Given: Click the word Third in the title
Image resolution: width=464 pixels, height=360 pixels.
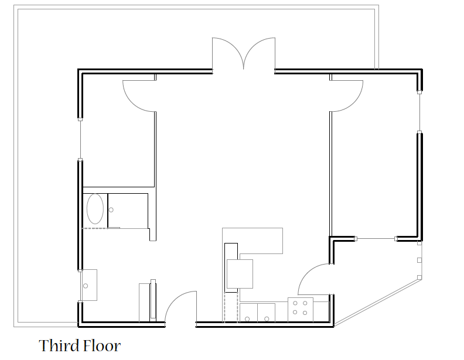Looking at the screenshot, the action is pyautogui.click(x=58, y=345).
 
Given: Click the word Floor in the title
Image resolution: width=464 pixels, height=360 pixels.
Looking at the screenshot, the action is pyautogui.click(x=101, y=345).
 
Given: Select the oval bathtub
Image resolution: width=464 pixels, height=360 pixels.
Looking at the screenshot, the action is pyautogui.click(x=95, y=208).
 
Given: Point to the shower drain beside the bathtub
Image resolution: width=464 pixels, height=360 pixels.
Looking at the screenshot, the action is pyautogui.click(x=111, y=210).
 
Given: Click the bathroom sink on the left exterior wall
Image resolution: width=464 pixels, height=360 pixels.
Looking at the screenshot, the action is pyautogui.click(x=89, y=285).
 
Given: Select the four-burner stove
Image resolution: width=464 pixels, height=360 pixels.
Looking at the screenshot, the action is pyautogui.click(x=301, y=310).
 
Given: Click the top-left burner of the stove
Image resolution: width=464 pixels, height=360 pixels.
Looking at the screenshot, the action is pyautogui.click(x=295, y=303).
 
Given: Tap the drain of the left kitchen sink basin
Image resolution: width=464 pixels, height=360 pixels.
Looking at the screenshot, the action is pyautogui.click(x=247, y=319).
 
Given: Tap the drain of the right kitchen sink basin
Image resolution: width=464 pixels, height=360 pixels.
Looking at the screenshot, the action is pyautogui.click(x=267, y=319).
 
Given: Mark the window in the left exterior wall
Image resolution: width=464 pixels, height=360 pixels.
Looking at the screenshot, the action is pyautogui.click(x=80, y=139).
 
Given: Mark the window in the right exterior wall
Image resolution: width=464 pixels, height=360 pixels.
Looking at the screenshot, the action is pyautogui.click(x=419, y=112).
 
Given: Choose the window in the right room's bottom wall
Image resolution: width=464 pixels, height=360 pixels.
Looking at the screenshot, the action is pyautogui.click(x=376, y=238).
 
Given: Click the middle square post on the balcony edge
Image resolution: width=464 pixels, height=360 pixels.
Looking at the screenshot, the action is pyautogui.click(x=419, y=260).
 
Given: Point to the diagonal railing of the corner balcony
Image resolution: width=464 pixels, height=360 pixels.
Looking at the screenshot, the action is pyautogui.click(x=377, y=302).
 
